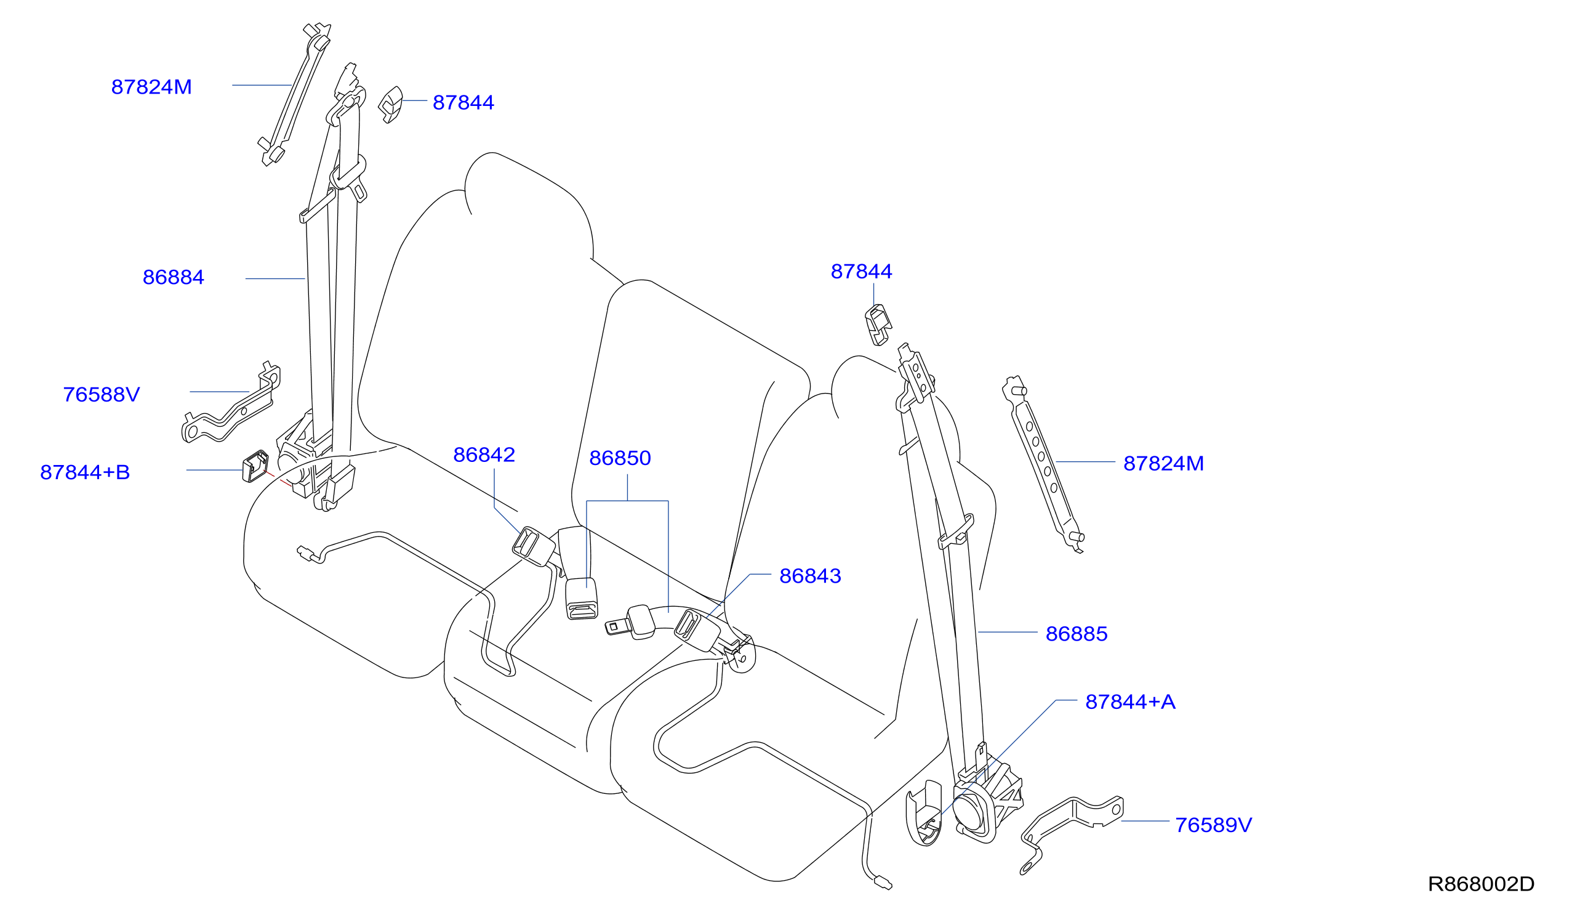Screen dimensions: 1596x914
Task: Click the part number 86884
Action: pyautogui.click(x=173, y=277)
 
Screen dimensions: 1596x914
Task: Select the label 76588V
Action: pyautogui.click(x=101, y=395)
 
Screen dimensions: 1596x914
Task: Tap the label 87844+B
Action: pyautogui.click(x=85, y=472)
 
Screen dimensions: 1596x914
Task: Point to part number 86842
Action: pyautogui.click(x=484, y=455)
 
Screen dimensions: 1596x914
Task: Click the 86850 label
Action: pyautogui.click(x=620, y=458)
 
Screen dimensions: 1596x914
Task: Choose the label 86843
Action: pyautogui.click(x=810, y=576)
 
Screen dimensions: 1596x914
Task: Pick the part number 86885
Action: pyautogui.click(x=1077, y=634)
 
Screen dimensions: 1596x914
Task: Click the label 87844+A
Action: pyautogui.click(x=1131, y=702)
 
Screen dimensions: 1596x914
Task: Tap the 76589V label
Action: pyautogui.click(x=1213, y=825)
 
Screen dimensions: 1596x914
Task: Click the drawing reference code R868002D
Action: pyautogui.click(x=1481, y=884)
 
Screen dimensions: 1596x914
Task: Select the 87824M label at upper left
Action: pyautogui.click(x=151, y=87)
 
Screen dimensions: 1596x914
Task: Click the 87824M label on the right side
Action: pyautogui.click(x=1163, y=464)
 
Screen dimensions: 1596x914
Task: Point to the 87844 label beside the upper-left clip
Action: pyautogui.click(x=463, y=103)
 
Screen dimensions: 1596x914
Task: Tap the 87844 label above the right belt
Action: pyautogui.click(x=861, y=272)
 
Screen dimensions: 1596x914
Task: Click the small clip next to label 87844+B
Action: pyautogui.click(x=255, y=466)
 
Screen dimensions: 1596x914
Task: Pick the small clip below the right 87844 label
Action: pyautogui.click(x=878, y=325)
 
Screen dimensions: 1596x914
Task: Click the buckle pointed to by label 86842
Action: pyautogui.click(x=533, y=546)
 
